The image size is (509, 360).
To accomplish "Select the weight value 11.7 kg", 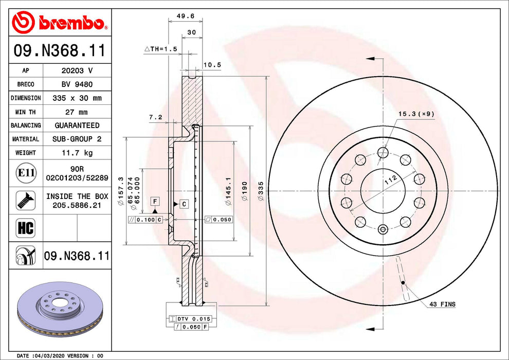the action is pos(77,153).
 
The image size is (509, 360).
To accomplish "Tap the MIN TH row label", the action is pos(25,112).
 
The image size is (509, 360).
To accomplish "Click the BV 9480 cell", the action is pos(77,84).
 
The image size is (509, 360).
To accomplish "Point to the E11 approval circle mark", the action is pos(26,173).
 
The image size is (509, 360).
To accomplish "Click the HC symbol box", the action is pos(26,228).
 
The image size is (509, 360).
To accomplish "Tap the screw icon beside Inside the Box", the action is pos(26,200).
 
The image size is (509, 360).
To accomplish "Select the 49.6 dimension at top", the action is pos(186,15).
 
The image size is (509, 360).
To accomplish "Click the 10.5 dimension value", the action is pos(212,65).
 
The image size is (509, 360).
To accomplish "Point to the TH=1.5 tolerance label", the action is pos(161,49).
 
